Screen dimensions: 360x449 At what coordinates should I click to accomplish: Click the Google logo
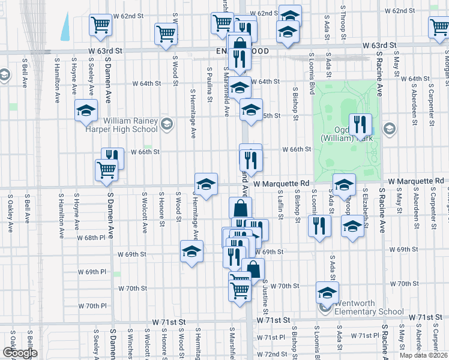pos(20,353)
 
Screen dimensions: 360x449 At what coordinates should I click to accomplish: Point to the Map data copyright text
pos(424,355)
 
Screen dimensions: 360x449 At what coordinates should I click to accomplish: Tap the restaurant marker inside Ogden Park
pos(360,125)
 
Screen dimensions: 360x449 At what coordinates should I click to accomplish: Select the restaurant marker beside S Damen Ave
pos(112,158)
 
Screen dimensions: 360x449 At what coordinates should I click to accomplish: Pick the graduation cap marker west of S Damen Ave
pos(86,110)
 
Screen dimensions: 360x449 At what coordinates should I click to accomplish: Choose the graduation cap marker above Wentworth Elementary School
pos(327,292)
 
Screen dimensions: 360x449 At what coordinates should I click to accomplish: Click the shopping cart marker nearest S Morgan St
pos(440,27)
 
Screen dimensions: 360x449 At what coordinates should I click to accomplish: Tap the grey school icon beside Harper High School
pos(167,125)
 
